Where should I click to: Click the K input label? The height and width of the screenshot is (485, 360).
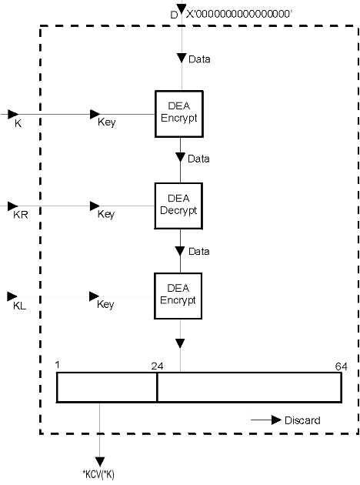[x=18, y=124]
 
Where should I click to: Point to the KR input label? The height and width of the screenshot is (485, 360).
[x=21, y=215]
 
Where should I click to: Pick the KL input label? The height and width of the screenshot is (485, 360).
[x=19, y=306]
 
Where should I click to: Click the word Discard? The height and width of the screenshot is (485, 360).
[x=302, y=420]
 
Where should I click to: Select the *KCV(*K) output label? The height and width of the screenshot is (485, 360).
[x=98, y=474]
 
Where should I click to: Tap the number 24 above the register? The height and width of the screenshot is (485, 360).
[x=157, y=366]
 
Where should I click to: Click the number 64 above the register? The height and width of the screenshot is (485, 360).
[x=341, y=366]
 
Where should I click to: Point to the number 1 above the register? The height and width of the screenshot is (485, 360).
[x=57, y=366]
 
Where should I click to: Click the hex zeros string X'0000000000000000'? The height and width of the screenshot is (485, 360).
[x=239, y=14]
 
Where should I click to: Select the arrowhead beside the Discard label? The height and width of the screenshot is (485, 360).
[x=276, y=420]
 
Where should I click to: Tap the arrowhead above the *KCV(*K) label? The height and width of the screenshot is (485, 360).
[x=99, y=461]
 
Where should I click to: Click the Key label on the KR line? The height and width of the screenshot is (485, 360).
[x=106, y=214]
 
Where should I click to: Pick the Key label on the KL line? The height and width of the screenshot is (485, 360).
[x=105, y=304]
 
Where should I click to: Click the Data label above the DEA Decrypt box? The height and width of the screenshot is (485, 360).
[x=198, y=159]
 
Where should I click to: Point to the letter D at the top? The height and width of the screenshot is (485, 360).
[x=174, y=15]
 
